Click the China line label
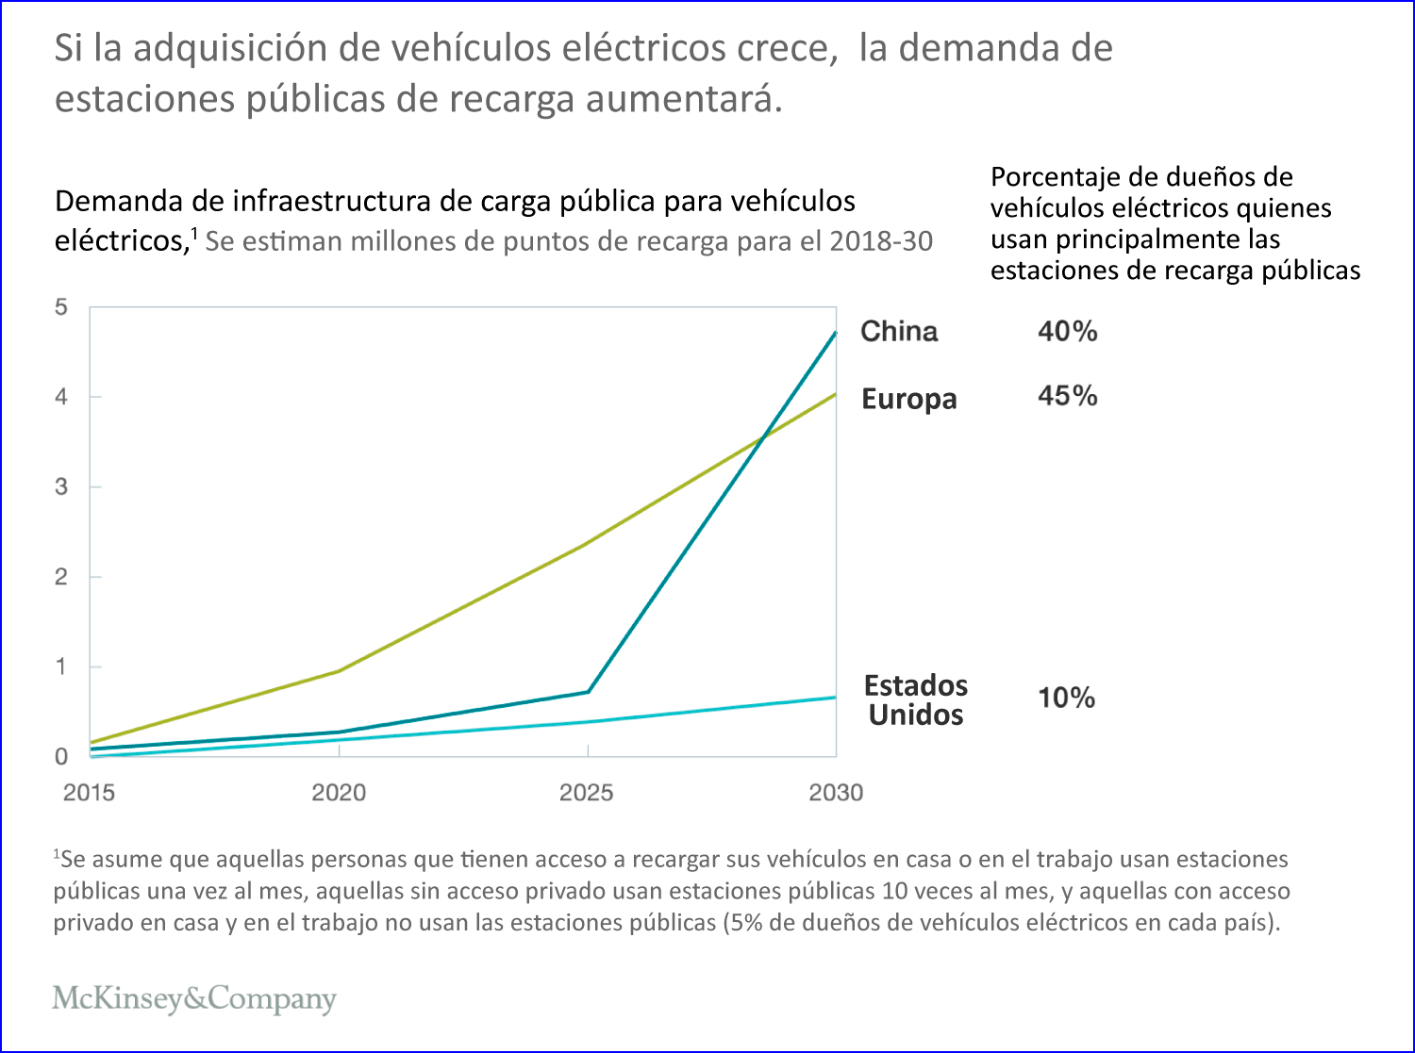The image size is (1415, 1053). pos(899,332)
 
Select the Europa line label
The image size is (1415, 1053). pos(908,399)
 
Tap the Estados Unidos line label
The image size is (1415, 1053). pos(915,699)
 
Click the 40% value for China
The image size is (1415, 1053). pos(1067,332)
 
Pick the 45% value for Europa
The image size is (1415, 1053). pos(1067,396)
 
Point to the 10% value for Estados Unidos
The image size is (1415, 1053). pos(1066,699)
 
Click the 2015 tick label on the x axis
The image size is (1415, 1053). pos(89,792)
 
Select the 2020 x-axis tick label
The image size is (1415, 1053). pos(339,792)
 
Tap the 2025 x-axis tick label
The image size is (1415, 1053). pos(587,792)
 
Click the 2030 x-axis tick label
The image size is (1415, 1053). pos(836,792)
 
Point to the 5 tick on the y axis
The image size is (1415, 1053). pos(61,307)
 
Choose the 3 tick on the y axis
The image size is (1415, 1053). pos(61,487)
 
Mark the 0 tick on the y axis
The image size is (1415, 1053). pos(61,757)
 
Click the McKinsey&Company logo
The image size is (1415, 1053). pos(194,998)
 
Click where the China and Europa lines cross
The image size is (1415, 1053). pos(762,436)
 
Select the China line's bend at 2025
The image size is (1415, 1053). pos(589,692)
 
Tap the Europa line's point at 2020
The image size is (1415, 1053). pos(339,671)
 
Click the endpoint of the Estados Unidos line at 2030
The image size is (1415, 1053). pos(835,698)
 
